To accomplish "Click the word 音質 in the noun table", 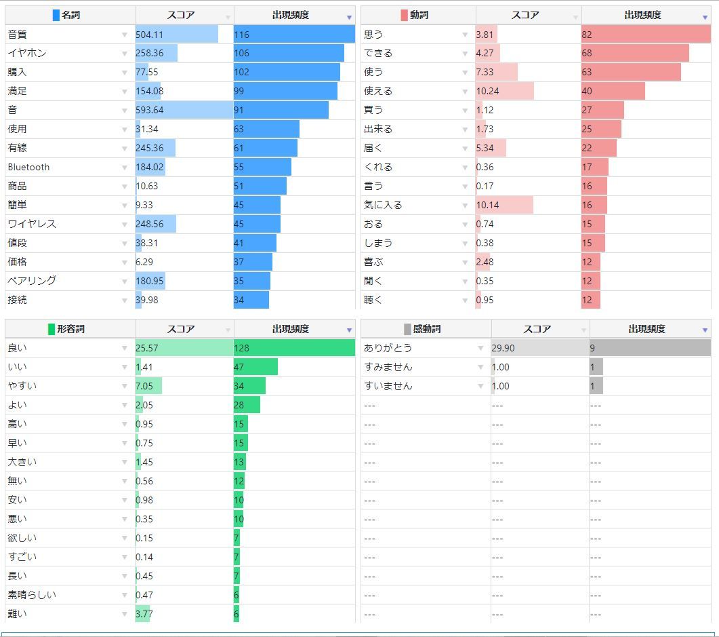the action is (17, 35).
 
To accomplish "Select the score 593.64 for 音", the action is (150, 110).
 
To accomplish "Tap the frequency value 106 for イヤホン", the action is (241, 53).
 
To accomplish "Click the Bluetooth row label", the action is (28, 167).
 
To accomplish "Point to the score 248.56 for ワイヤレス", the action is (150, 224).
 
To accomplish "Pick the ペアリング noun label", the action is (32, 280).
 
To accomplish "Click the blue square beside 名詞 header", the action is (56, 15).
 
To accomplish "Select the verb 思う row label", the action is (373, 35).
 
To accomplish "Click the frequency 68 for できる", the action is (586, 53).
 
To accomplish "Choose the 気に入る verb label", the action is (382, 205).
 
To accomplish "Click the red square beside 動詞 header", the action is (404, 15).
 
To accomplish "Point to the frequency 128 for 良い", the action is (241, 348).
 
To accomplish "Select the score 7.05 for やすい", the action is (144, 386).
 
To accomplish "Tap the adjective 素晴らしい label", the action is (32, 595).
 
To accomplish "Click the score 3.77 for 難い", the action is (144, 614).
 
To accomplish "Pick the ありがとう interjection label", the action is (388, 348).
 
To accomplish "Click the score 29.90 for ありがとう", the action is (503, 348).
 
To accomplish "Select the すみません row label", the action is (388, 367).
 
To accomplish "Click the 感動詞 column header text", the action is (426, 329).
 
